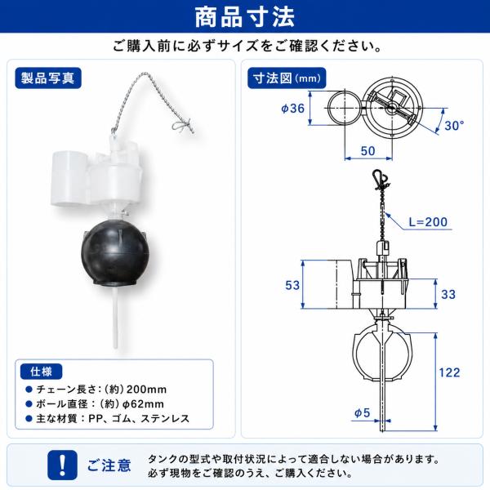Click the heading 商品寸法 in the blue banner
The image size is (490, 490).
(245, 16)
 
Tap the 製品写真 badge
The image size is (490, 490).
(48, 78)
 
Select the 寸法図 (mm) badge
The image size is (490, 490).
(287, 78)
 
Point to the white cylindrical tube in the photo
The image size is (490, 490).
(69, 179)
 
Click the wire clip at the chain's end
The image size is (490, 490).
(182, 126)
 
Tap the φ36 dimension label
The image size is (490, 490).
(292, 109)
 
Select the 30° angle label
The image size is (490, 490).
(454, 126)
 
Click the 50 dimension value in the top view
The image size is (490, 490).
(367, 151)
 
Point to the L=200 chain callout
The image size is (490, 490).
(428, 222)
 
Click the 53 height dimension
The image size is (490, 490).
(292, 285)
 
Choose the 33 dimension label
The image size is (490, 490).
(448, 294)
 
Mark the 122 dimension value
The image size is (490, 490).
(449, 372)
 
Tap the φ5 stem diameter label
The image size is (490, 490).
(362, 413)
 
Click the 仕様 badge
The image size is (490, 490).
(42, 372)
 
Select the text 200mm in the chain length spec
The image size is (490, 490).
(146, 390)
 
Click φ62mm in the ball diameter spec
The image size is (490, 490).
(143, 404)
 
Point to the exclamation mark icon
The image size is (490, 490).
(62, 465)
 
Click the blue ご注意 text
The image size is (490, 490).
(109, 465)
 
